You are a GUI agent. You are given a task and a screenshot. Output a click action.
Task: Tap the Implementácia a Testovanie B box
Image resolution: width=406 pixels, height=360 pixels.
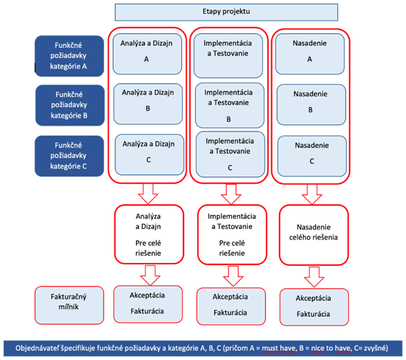tap(228, 103)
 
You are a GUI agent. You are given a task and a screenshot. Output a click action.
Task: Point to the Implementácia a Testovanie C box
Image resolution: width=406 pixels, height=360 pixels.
tap(228, 152)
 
